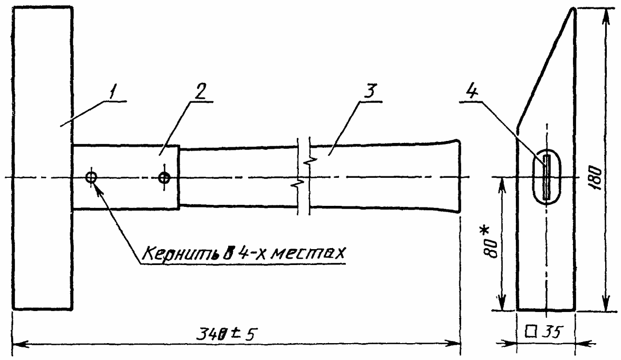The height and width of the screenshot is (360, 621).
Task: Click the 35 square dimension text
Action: pos(551,331)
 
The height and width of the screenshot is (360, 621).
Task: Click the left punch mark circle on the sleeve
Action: pos(91,177)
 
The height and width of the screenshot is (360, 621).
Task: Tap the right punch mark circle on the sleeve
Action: pos(164,177)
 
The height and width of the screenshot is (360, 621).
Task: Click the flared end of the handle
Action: pos(451,177)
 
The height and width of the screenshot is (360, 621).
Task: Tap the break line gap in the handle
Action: pos(304,177)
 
